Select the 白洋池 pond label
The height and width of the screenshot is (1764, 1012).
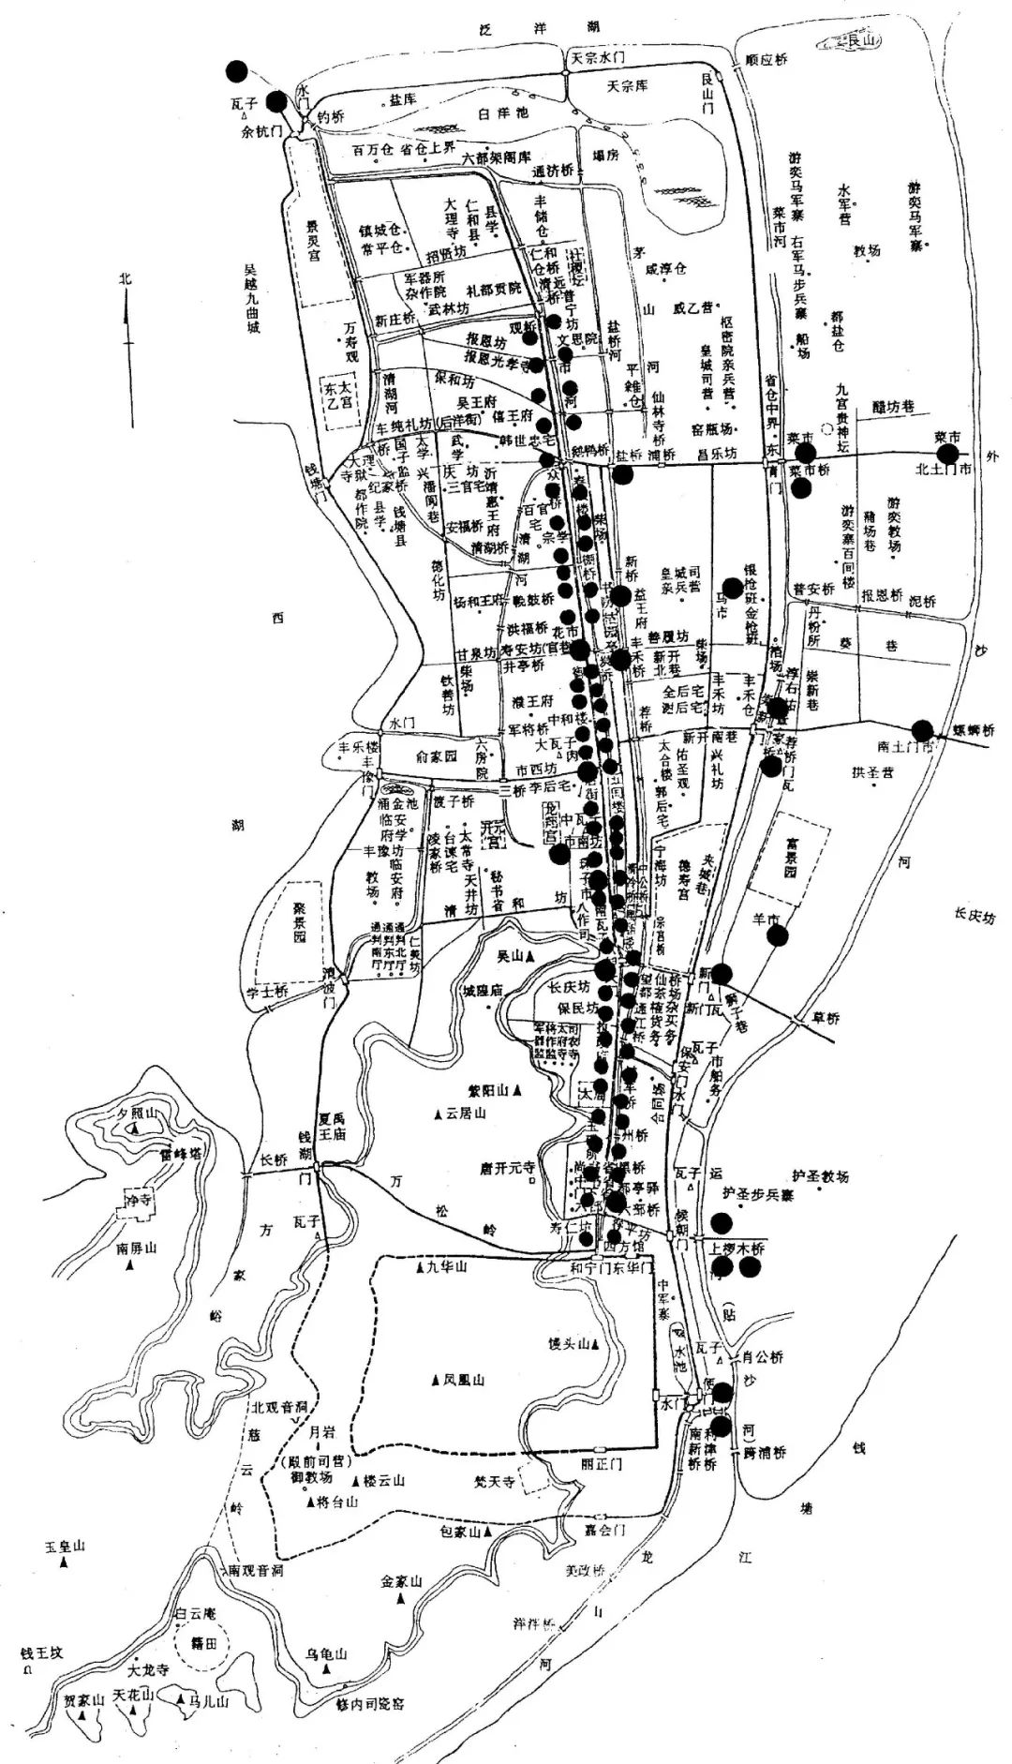[x=503, y=113]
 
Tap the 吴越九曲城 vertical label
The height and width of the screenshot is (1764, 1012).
[x=251, y=298]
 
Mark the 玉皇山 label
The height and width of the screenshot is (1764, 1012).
[x=65, y=1546]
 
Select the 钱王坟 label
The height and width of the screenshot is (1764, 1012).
[x=40, y=1653]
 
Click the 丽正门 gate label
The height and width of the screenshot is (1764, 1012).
[x=600, y=1463]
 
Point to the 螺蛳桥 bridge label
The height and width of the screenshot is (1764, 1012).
[x=975, y=730]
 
